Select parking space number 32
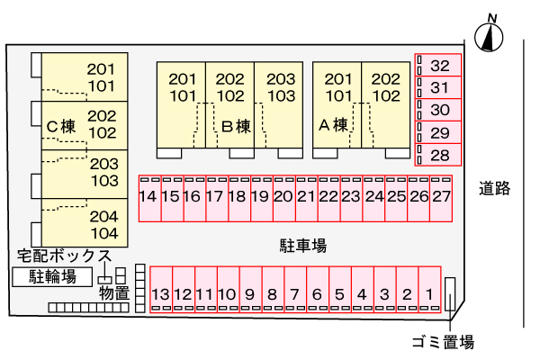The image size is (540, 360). [439, 66]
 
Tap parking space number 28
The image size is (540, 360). [439, 155]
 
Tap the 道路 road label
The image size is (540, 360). [495, 189]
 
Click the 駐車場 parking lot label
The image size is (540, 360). [301, 244]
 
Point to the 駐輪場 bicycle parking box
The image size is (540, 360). [52, 276]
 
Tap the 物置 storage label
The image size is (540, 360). [115, 293]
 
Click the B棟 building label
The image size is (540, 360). [236, 127]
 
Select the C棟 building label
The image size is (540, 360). [61, 127]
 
